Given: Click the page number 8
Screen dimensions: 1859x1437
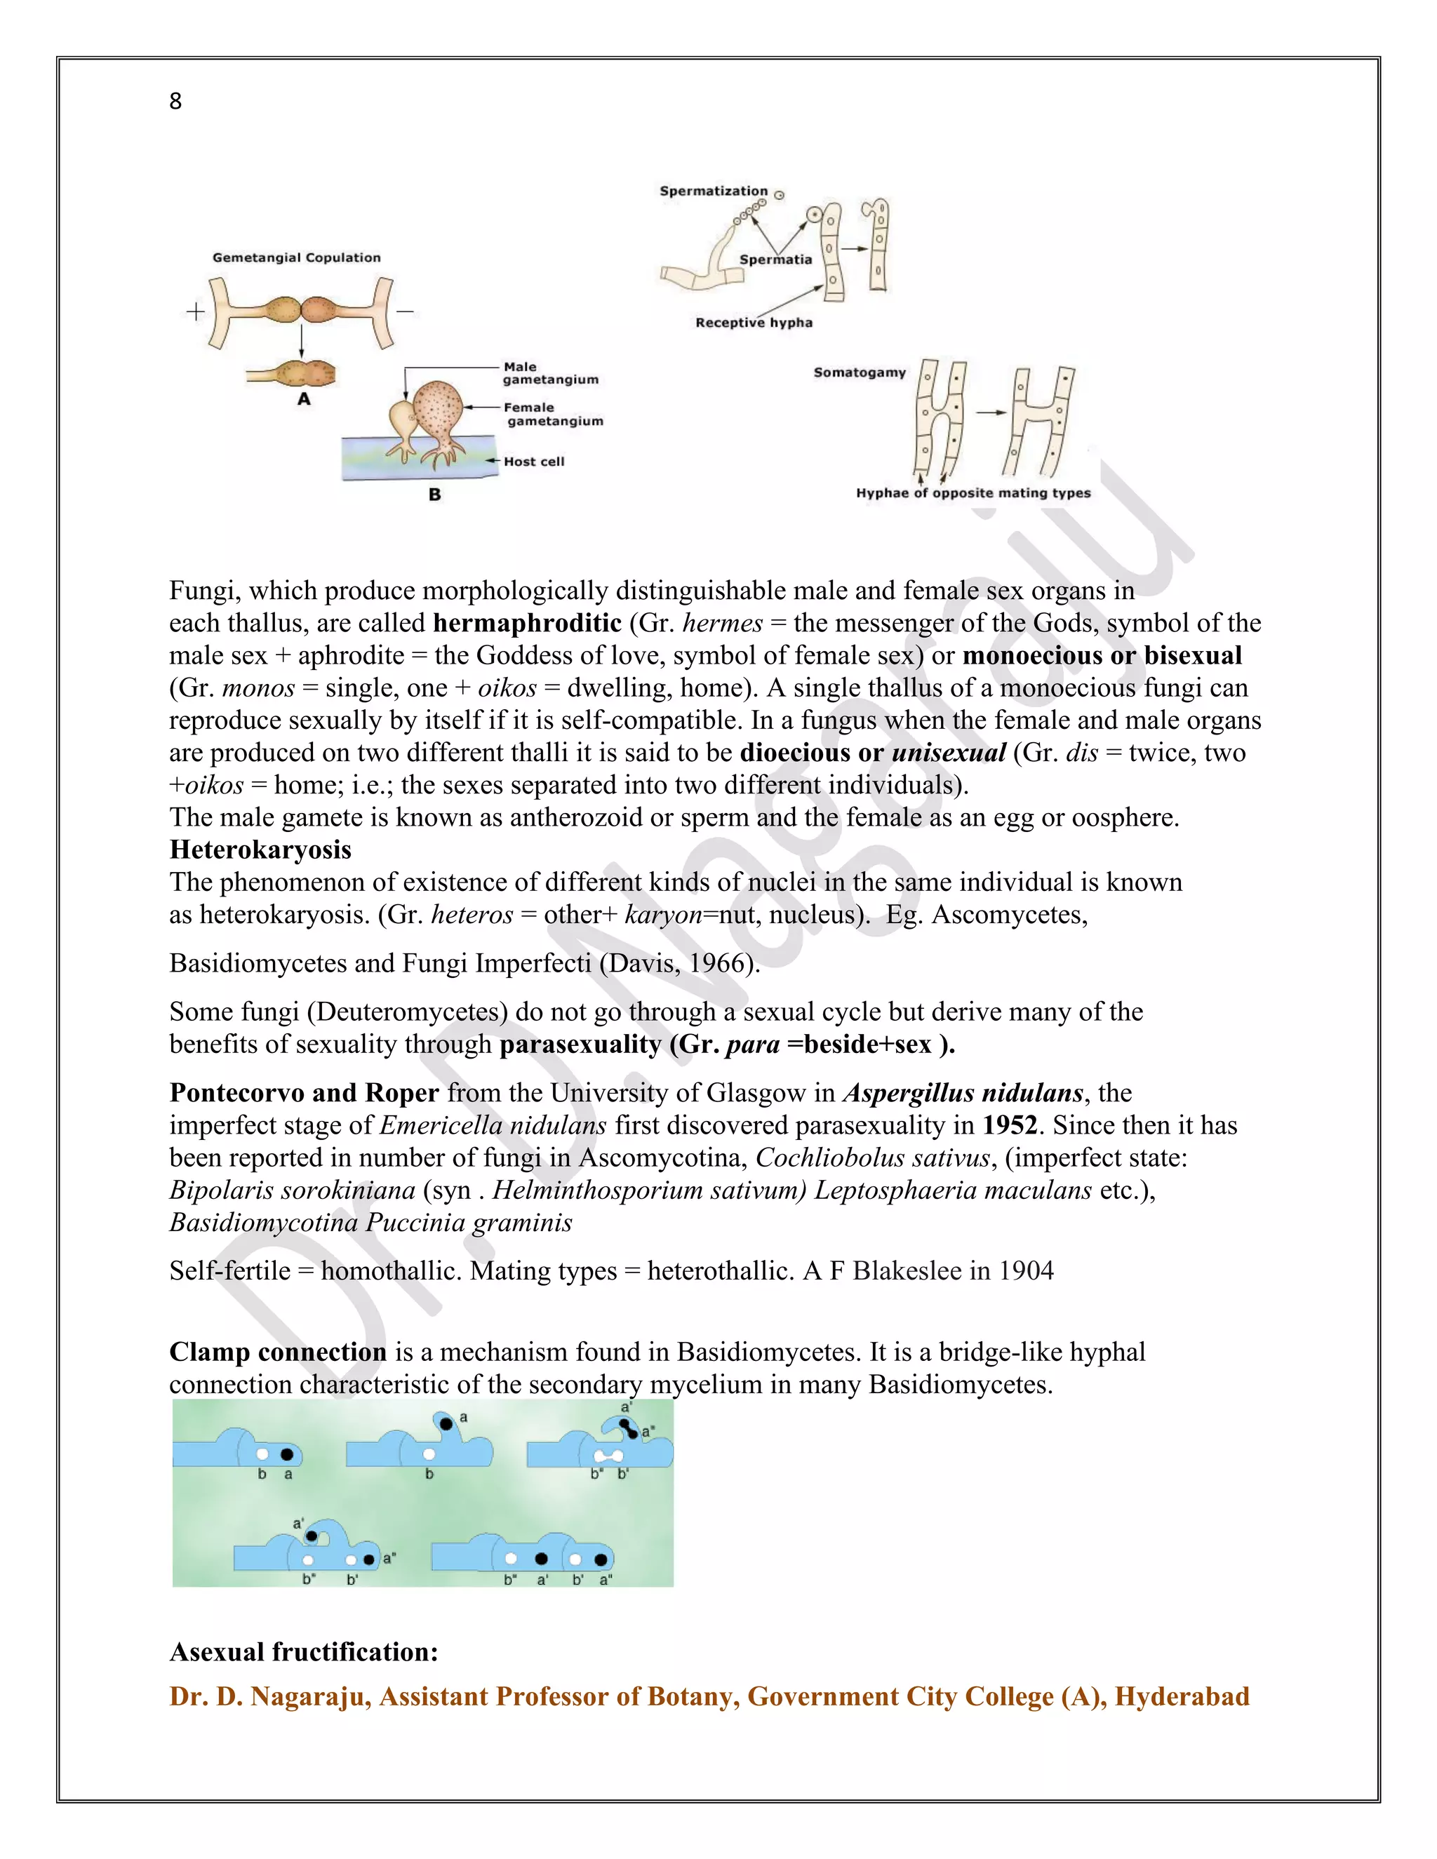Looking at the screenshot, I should point(175,101).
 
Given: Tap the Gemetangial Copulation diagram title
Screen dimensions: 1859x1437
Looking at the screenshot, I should point(296,257).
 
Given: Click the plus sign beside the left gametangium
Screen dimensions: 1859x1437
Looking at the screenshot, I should point(195,311).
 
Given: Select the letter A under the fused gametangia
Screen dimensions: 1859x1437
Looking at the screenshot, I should point(304,398).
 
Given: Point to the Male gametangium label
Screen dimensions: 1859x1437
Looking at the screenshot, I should point(550,373).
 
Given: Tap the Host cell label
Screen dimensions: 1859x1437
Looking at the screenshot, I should point(534,462).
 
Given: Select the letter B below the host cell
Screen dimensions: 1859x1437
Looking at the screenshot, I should point(434,495).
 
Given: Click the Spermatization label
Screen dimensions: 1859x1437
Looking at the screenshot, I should point(714,191).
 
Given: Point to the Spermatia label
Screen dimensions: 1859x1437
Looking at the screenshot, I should point(775,260).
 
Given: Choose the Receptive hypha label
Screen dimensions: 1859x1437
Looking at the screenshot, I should point(754,323).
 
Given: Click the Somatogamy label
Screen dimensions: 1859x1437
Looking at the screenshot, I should point(859,372).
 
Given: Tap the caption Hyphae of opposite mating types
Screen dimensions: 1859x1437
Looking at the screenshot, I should point(973,493).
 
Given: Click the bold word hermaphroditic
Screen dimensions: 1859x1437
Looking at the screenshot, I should point(527,623).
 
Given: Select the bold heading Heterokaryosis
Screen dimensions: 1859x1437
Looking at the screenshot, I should point(260,850).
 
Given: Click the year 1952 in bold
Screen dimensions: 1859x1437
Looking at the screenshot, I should point(1010,1125).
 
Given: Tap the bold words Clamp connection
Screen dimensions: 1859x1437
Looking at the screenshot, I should point(278,1352).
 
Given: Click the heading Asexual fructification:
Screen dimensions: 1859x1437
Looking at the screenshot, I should point(304,1651).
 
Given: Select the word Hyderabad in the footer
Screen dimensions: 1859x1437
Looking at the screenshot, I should point(1182,1696).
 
